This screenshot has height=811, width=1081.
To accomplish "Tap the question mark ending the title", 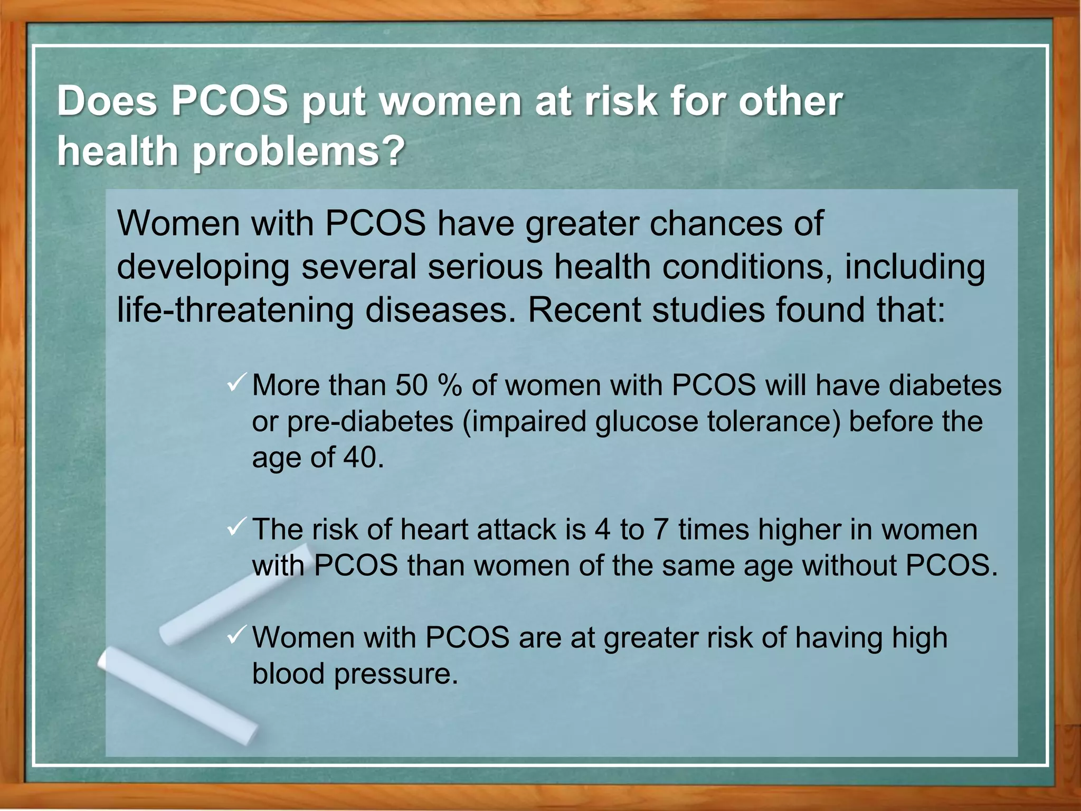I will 392,150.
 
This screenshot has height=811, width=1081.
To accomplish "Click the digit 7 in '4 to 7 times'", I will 661,530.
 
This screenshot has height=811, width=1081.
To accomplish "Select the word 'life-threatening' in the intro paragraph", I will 235,310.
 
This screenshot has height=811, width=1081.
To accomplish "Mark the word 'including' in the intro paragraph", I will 915,268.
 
